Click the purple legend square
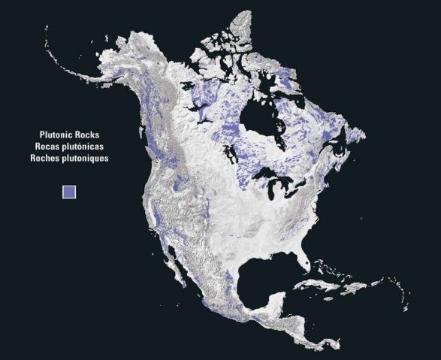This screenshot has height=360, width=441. tap(69, 192)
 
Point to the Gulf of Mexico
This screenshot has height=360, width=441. tap(255, 282)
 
